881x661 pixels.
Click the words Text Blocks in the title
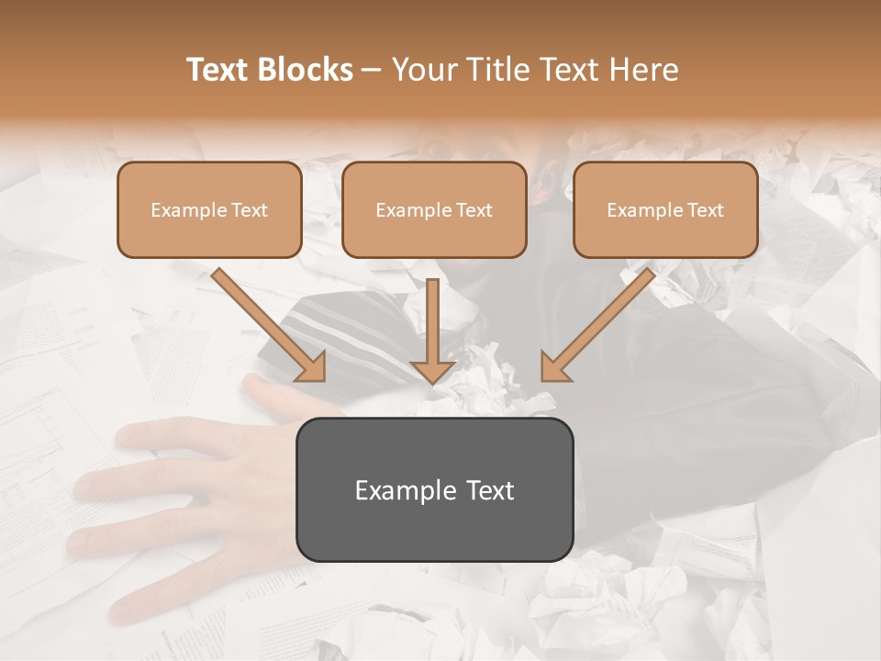(269, 70)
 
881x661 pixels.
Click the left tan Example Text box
(209, 210)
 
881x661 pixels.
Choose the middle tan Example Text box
(434, 210)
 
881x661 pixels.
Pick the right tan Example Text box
(665, 210)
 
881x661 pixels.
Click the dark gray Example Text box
(434, 490)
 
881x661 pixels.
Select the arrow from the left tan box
(266, 323)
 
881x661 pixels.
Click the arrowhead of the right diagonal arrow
(555, 367)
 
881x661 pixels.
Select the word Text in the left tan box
(248, 210)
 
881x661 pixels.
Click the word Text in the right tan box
(704, 210)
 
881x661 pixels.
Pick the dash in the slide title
(372, 70)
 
